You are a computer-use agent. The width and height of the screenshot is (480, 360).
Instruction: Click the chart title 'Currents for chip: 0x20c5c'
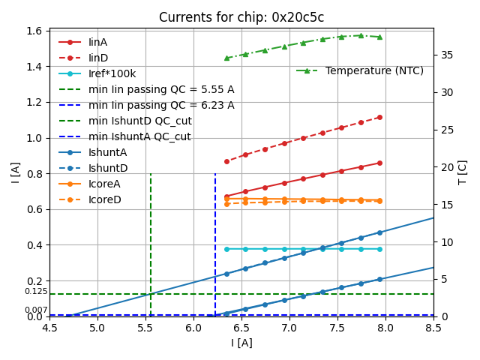point(241,18)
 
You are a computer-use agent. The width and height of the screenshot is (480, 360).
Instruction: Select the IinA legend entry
point(98,42)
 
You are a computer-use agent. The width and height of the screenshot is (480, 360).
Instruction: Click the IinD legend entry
point(98,58)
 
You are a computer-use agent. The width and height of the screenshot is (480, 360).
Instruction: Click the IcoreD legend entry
point(104,199)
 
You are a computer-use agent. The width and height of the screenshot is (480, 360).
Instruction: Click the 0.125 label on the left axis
point(35,292)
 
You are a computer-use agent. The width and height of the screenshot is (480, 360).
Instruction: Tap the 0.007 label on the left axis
point(35,310)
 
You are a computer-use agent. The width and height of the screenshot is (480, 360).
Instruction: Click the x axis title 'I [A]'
point(241,343)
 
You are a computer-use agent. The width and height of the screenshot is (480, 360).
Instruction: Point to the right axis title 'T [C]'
point(463,172)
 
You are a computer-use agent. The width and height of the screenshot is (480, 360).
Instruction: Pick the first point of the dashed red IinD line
point(226,161)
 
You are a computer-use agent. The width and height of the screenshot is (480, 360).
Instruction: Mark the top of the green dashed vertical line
point(151,175)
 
